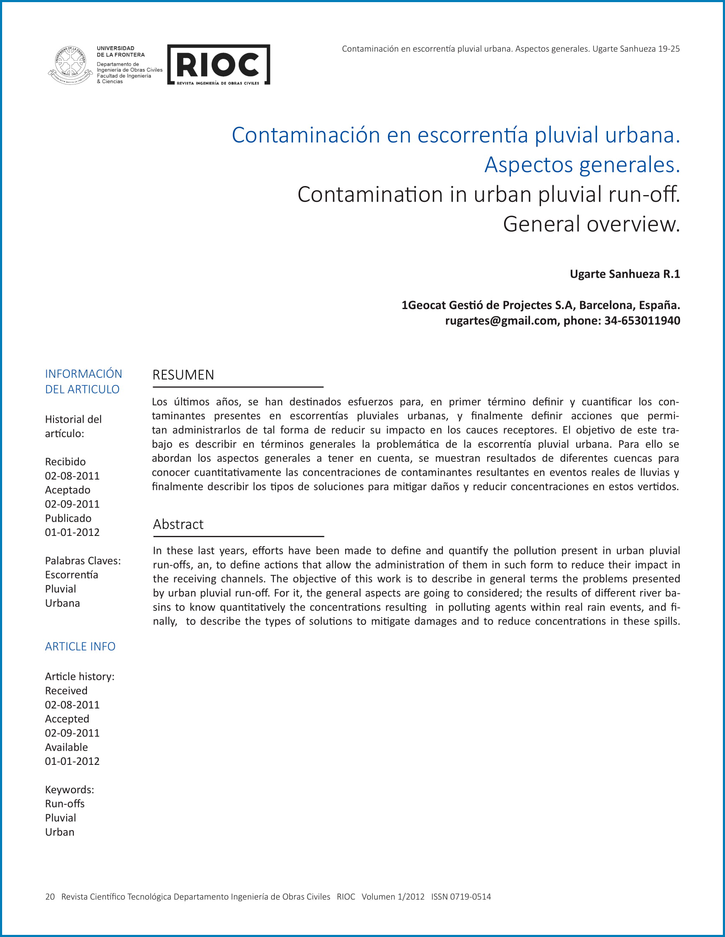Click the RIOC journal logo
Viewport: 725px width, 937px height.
point(218,65)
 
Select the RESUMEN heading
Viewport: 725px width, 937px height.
point(183,375)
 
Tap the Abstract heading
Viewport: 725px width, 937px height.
point(178,524)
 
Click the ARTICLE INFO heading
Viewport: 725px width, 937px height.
point(80,647)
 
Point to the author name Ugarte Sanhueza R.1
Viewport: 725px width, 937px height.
point(625,274)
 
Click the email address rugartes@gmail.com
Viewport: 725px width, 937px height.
point(501,321)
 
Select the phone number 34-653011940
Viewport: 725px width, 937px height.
point(642,321)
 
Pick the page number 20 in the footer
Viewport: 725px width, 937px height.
point(50,897)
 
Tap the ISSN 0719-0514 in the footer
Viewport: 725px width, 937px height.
point(461,897)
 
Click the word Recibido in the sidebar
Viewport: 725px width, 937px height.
point(65,462)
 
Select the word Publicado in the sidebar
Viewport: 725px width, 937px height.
point(68,518)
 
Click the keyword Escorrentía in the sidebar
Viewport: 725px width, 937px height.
point(72,575)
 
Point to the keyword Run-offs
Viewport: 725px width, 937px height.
point(65,803)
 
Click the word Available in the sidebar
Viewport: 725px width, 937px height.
point(67,747)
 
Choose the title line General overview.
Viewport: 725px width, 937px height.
point(591,224)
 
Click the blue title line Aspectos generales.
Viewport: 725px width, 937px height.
point(582,165)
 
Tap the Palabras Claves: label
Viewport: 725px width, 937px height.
point(83,561)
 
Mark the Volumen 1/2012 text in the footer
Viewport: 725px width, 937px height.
point(393,897)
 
